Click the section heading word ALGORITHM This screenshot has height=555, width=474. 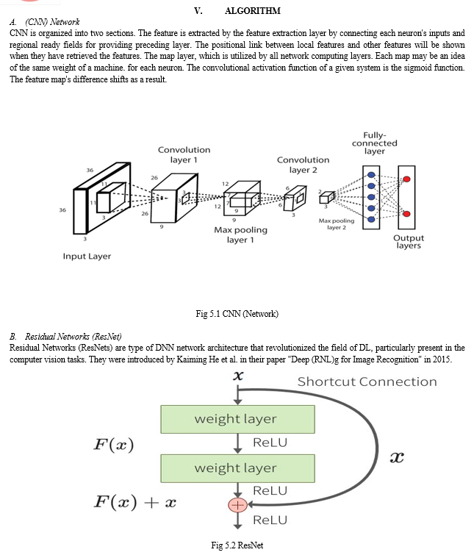(253, 11)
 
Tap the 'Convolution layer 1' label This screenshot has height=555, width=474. (184, 154)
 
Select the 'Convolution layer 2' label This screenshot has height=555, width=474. (304, 165)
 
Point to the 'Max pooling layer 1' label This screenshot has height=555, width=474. (240, 234)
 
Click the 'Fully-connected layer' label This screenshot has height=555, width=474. (375, 143)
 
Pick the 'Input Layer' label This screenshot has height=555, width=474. (87, 257)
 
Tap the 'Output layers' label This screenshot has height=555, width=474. (409, 242)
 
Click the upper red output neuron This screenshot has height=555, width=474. (407, 179)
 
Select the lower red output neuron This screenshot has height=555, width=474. (407, 214)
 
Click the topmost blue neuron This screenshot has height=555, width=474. (371, 174)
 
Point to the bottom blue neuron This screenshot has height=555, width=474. (371, 220)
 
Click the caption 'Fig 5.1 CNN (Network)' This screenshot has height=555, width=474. (237, 314)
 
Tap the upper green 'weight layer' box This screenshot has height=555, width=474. (237, 420)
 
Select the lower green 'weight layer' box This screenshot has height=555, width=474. (237, 469)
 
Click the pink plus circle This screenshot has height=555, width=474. (237, 505)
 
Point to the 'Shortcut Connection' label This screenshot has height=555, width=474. (367, 382)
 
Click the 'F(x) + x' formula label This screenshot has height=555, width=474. (135, 502)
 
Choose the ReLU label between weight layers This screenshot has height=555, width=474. (270, 443)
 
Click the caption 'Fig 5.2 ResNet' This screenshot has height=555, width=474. (237, 545)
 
